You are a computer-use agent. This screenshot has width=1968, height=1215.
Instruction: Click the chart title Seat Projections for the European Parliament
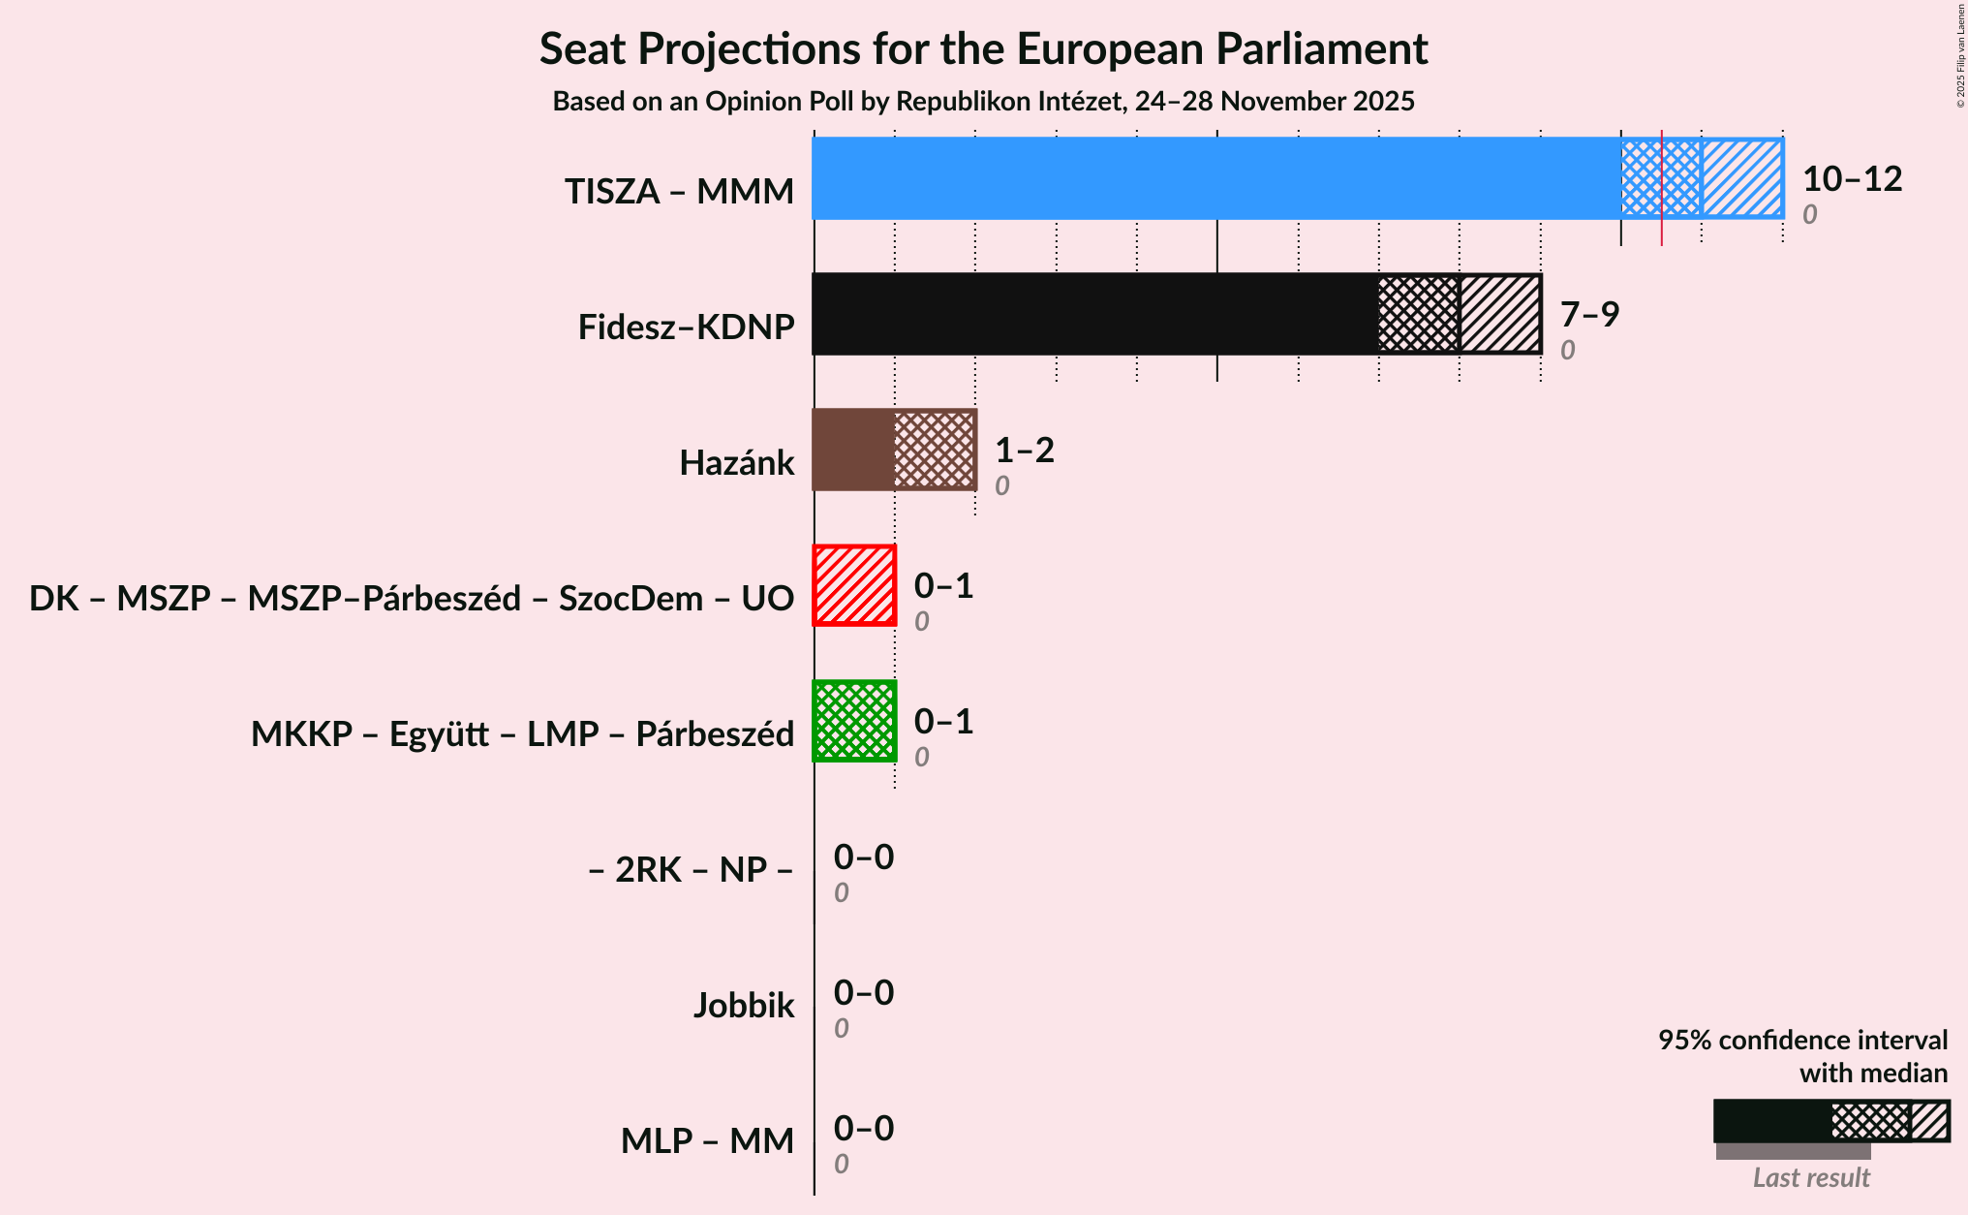click(x=983, y=49)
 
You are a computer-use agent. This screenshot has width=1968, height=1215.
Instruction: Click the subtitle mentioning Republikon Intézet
click(x=983, y=102)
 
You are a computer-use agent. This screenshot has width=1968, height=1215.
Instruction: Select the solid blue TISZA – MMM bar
click(x=1215, y=178)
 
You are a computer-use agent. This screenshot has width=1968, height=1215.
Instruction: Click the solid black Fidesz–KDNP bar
click(x=1094, y=314)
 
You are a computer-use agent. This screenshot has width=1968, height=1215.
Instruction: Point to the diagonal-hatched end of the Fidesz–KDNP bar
click(x=1500, y=314)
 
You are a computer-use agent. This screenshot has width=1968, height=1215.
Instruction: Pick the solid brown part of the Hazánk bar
click(x=853, y=450)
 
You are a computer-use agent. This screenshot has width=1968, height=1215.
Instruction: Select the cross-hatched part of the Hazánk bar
click(x=935, y=450)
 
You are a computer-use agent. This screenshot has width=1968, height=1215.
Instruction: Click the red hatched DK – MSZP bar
click(x=854, y=585)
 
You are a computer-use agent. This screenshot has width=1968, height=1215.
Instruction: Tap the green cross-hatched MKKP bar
click(x=854, y=721)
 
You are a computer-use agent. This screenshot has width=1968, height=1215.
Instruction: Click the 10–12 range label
click(x=1852, y=179)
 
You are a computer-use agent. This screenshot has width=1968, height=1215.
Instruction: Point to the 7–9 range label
click(x=1589, y=315)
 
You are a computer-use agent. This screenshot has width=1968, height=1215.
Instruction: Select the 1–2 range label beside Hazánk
click(x=1025, y=451)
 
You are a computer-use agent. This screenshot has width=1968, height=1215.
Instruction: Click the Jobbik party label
click(x=744, y=1006)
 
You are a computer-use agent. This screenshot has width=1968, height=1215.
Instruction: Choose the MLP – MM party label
click(x=707, y=1141)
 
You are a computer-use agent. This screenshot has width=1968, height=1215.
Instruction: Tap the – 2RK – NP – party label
click(x=691, y=870)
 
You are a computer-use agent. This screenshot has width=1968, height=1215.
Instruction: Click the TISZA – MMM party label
click(x=679, y=192)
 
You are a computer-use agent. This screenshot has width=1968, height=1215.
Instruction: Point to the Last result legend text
click(x=1811, y=1178)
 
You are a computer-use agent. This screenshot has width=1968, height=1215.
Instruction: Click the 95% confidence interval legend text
click(x=1802, y=1041)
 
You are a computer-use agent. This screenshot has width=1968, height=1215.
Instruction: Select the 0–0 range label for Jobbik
click(x=864, y=993)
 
